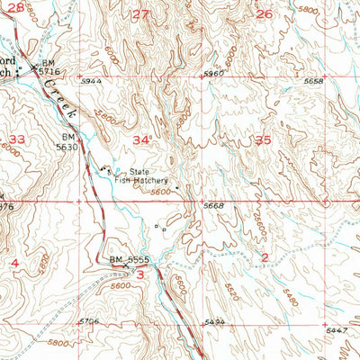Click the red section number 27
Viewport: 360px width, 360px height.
[x=139, y=14]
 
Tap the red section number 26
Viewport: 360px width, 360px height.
[x=264, y=14]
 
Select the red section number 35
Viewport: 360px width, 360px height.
[x=263, y=139]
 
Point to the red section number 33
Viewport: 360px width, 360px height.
[x=17, y=139]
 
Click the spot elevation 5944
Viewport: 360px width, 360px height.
[x=91, y=81]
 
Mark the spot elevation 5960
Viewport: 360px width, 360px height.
[x=213, y=73]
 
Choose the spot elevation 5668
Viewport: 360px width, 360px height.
[x=213, y=206]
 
